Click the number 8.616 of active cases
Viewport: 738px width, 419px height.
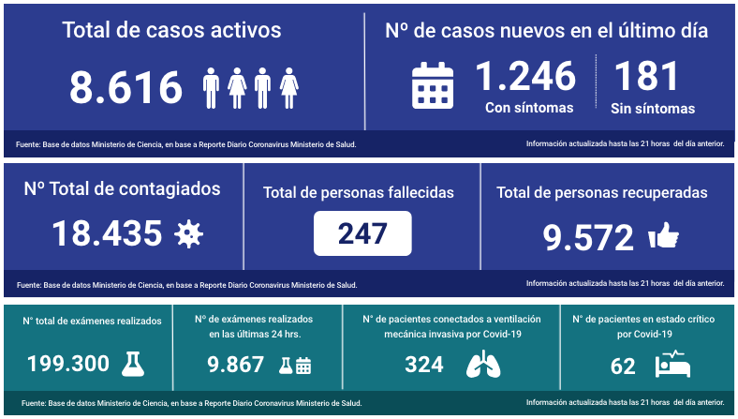[x=125, y=88]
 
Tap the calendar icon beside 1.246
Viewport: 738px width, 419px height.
[x=433, y=85]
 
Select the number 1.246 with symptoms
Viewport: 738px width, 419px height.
[x=525, y=76]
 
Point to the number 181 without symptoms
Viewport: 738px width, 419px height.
[x=646, y=76]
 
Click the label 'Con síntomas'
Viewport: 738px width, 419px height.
[x=529, y=108]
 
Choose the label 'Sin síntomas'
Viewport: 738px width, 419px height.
[x=653, y=109]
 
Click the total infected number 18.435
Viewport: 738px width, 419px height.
[x=106, y=233]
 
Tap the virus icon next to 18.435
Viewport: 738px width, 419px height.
[x=189, y=233]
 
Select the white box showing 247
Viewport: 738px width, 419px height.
[x=362, y=233]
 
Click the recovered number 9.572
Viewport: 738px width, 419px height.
[x=588, y=238]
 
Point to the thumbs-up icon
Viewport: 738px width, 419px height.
[x=663, y=236]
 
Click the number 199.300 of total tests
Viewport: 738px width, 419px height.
[x=68, y=364]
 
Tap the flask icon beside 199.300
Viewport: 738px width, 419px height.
[x=135, y=363]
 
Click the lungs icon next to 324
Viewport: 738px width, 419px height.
[x=483, y=364]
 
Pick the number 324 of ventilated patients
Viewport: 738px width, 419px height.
[x=424, y=364]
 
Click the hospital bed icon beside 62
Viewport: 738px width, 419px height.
[x=672, y=364]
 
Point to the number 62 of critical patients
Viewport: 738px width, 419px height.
[x=623, y=365]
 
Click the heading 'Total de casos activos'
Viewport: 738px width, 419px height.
[x=171, y=30]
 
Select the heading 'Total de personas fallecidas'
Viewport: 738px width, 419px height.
[x=359, y=192]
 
